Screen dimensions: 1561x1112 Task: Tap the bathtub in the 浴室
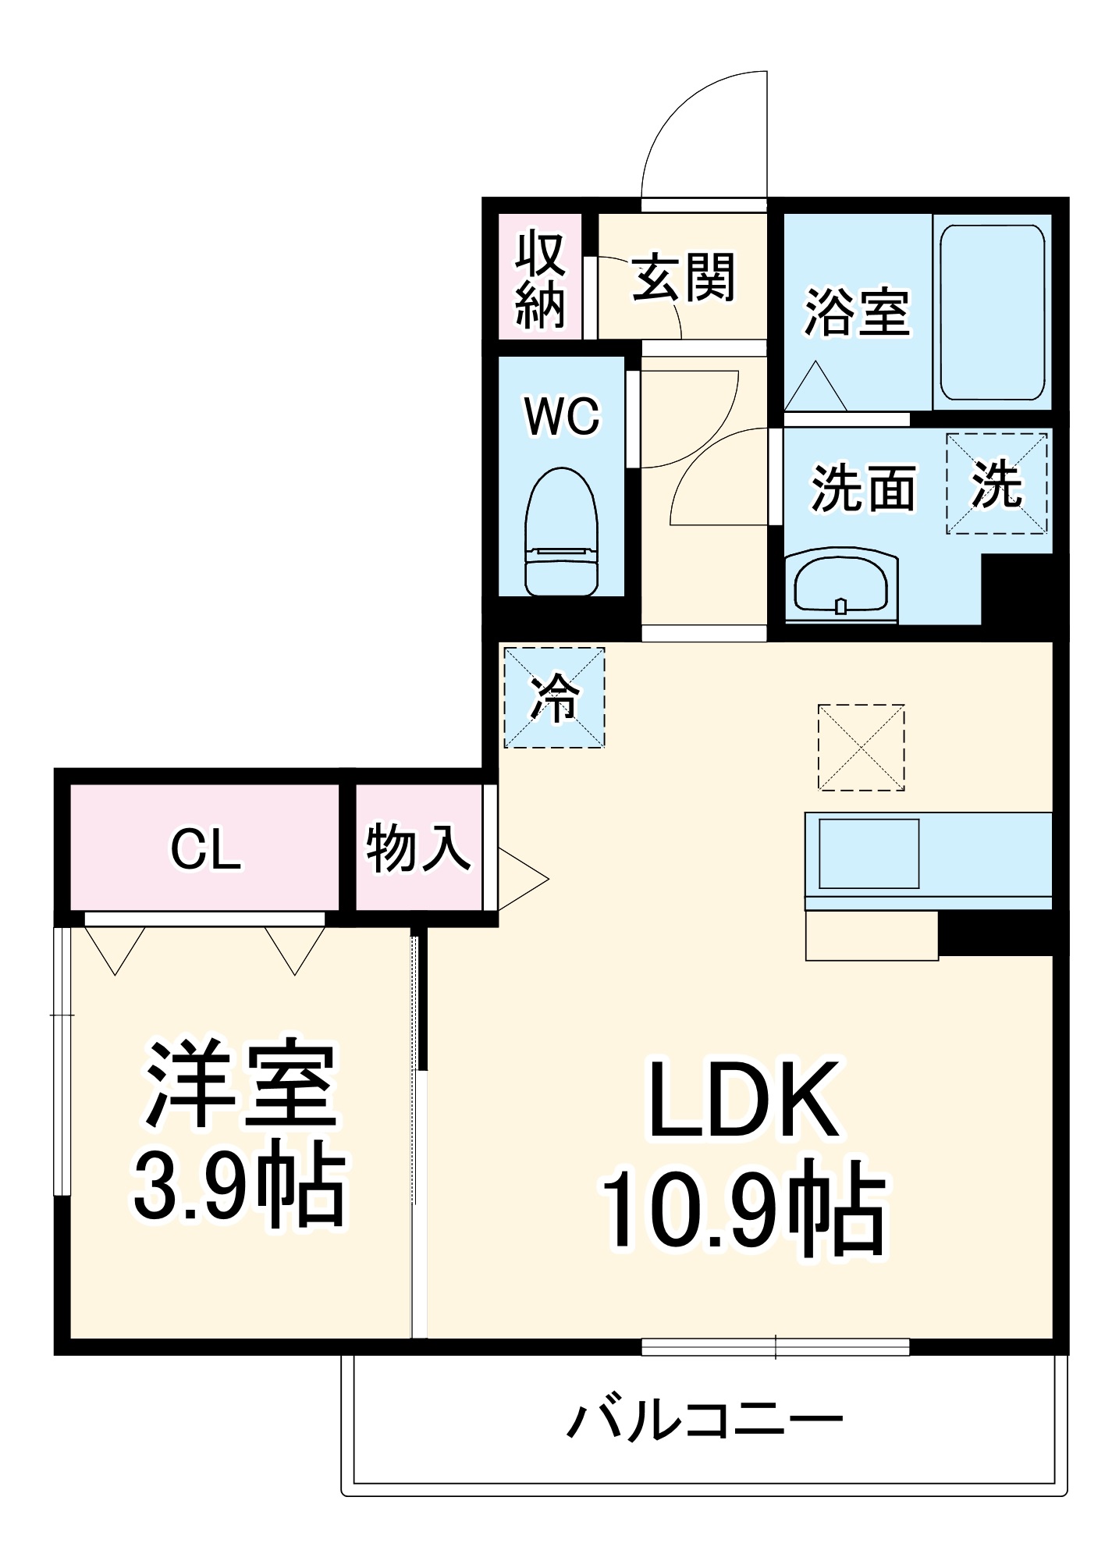coord(992,312)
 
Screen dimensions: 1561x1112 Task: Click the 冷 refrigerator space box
coord(554,697)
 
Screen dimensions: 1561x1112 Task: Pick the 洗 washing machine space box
coord(997,484)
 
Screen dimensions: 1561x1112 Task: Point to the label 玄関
coord(684,277)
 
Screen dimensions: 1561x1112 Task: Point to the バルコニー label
coord(704,1418)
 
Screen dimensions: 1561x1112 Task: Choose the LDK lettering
coord(744,1100)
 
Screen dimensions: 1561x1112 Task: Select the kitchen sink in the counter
coord(869,853)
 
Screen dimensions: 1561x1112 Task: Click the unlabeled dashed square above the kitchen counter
coord(861,748)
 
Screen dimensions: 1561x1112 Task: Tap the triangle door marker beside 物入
coord(520,879)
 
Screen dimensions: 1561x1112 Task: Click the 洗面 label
coord(863,489)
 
